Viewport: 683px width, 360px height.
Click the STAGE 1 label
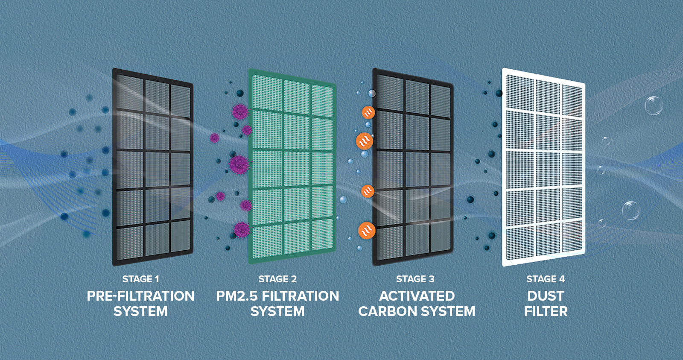coord(140,279)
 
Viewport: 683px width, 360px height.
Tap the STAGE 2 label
coord(277,279)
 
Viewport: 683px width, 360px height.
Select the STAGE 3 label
coord(415,279)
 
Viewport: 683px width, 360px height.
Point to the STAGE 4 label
coord(545,279)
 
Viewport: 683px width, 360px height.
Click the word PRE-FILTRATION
coord(140,296)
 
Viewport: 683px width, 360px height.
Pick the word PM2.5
coord(236,296)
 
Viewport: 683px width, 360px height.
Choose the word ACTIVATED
coord(417,296)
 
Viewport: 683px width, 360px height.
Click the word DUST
coord(546,296)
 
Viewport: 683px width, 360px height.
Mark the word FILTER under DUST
coord(546,311)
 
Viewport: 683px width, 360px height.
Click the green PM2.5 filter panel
coord(292,167)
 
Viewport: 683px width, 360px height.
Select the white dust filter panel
coord(543,167)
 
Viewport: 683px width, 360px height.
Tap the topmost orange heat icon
coord(368,112)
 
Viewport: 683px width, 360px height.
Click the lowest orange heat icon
coord(366,231)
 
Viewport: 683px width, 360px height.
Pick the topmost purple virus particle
coord(240,112)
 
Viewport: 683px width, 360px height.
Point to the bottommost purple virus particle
coord(242,229)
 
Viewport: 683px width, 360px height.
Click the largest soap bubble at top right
coord(653,105)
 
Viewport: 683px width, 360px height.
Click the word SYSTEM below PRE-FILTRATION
coord(140,311)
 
